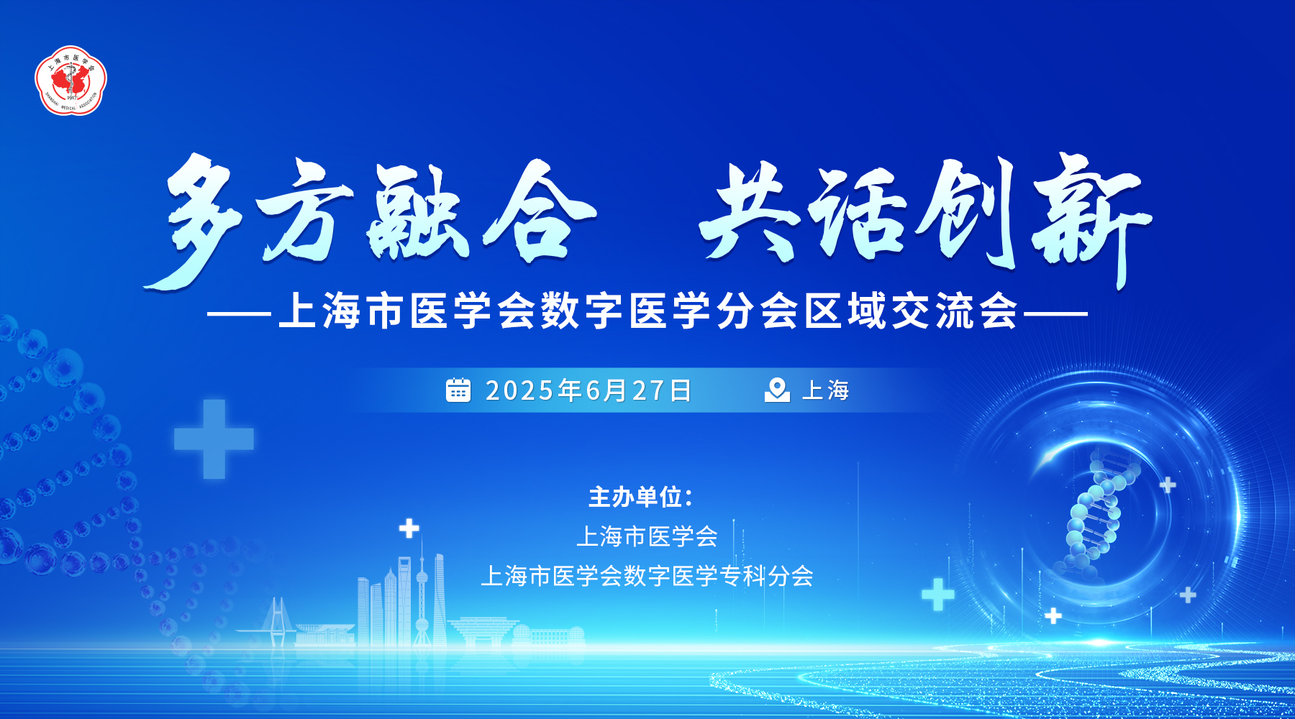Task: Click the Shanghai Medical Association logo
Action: point(71,81)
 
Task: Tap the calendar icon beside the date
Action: point(458,390)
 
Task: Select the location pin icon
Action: point(777,390)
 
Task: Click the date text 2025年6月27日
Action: point(588,390)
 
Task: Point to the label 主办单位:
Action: point(640,497)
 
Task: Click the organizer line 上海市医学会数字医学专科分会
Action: point(647,576)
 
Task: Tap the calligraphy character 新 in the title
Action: point(1090,219)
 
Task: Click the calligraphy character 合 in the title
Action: point(540,212)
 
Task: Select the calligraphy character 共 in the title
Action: point(752,212)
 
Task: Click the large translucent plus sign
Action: point(214,439)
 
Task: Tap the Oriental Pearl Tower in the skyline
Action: point(422,590)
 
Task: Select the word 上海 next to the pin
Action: point(825,390)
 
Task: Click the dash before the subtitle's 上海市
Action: point(239,313)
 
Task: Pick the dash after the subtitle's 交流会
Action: point(1055,313)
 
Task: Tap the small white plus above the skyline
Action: point(409,529)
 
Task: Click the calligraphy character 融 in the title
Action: point(421,212)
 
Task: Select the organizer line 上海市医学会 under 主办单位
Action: point(647,536)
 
